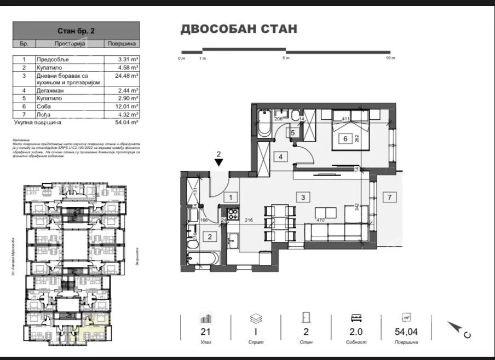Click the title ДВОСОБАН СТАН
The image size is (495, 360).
(x=239, y=28)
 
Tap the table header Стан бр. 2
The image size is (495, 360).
(x=76, y=31)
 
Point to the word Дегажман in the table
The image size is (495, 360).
(x=50, y=90)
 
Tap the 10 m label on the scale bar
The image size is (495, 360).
(x=389, y=58)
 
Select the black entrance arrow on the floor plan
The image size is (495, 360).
(x=218, y=162)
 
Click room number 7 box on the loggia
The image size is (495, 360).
(x=389, y=197)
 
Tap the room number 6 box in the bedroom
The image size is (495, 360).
(x=345, y=139)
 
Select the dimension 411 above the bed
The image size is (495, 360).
(x=346, y=119)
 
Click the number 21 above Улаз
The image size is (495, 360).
(x=206, y=331)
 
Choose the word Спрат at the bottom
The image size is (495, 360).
(x=256, y=342)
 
